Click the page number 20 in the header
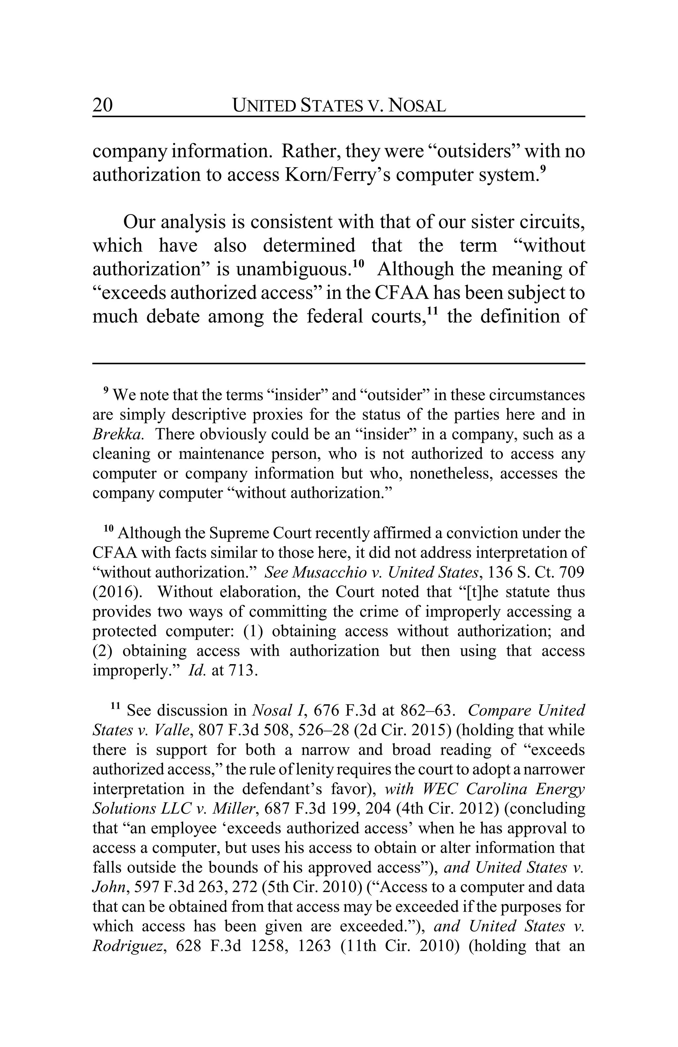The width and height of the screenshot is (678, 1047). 103,106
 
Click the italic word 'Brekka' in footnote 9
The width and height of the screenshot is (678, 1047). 118,434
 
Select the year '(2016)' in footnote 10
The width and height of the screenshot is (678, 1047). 115,592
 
